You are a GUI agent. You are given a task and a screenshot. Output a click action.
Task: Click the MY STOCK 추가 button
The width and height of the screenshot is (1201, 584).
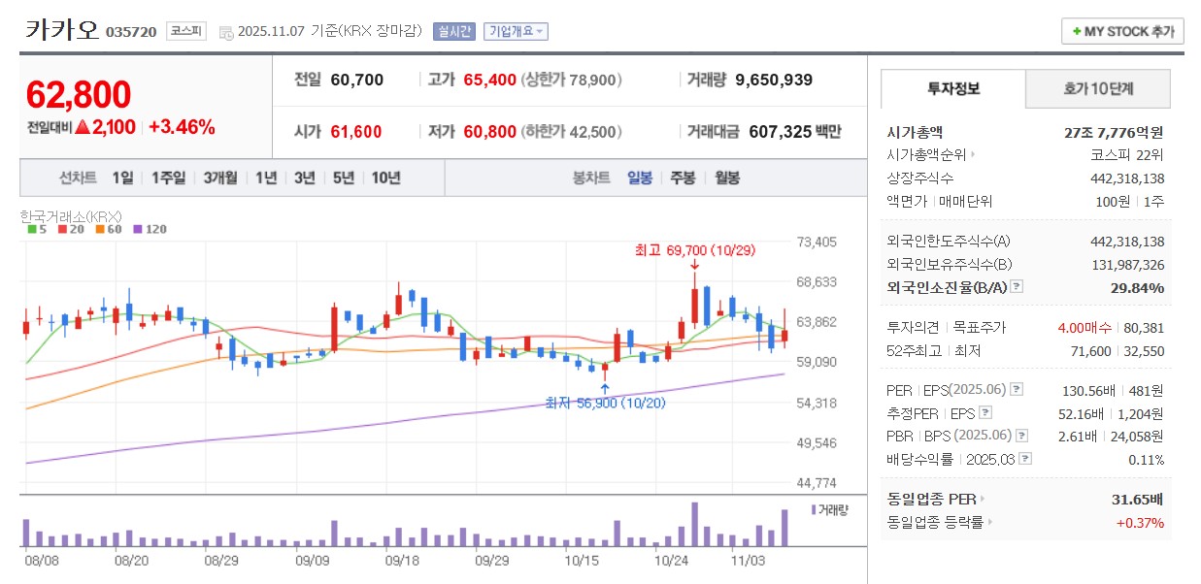coord(1122,31)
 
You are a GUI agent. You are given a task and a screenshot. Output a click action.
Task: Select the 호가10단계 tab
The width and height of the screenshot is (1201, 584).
coord(1097,89)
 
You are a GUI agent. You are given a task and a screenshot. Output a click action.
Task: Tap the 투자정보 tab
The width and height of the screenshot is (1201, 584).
coord(953,89)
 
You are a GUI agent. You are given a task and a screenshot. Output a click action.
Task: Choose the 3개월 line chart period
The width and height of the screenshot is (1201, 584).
coord(220,178)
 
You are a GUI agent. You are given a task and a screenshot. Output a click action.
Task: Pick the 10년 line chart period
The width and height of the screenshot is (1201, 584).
coord(385,178)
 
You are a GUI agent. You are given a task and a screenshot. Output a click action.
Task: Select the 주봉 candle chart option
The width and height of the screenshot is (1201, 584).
coord(683,178)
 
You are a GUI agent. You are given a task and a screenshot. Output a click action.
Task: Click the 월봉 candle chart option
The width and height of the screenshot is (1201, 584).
coord(727,178)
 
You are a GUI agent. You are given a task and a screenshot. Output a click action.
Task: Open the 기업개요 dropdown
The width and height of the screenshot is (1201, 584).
coord(516,31)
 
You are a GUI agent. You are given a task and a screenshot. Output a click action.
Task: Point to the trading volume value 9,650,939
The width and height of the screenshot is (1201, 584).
coord(774,80)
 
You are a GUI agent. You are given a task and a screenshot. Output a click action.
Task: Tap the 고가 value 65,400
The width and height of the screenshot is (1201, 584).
coord(490,80)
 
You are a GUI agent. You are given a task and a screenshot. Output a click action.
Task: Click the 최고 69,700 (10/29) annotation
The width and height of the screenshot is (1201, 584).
coord(694,250)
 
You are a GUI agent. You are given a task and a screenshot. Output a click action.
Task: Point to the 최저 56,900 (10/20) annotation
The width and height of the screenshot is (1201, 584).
coord(605,403)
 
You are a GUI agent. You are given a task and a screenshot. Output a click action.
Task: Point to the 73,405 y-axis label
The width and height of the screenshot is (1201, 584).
coord(817,242)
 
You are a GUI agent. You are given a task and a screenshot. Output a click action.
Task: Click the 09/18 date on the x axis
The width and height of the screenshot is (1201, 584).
coord(402,560)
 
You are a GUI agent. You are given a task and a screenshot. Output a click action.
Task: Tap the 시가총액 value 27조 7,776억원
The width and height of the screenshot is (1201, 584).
coord(1114,132)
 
